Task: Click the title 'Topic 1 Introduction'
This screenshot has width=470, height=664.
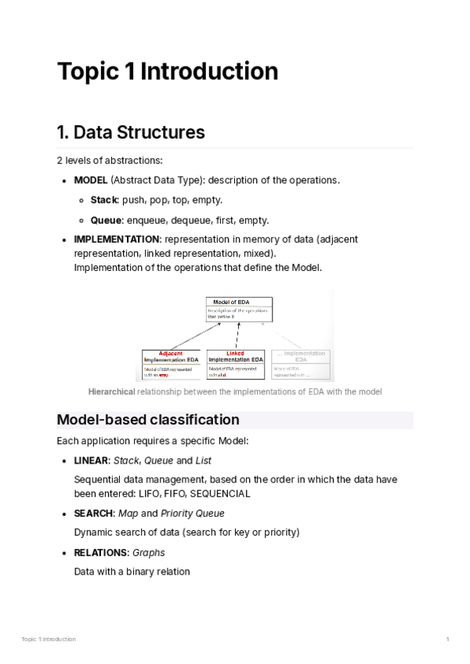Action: click(167, 71)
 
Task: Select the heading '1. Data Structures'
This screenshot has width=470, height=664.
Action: click(131, 132)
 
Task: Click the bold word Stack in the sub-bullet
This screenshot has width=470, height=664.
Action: click(104, 200)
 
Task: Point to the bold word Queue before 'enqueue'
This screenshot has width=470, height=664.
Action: click(106, 220)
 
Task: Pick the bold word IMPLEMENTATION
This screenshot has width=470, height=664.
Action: click(117, 240)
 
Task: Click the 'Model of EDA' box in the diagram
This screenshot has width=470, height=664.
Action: click(240, 309)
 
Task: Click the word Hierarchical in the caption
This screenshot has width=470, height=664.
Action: click(111, 392)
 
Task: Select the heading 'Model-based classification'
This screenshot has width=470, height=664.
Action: click(148, 420)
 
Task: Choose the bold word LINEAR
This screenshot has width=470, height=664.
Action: click(91, 460)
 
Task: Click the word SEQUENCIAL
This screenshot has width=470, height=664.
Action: click(219, 494)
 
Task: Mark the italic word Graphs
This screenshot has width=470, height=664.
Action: click(149, 553)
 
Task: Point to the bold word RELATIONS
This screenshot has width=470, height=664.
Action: click(100, 553)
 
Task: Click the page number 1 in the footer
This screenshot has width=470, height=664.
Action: click(447, 640)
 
